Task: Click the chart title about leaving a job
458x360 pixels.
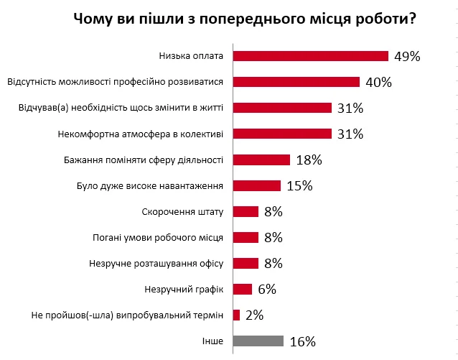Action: click(x=244, y=19)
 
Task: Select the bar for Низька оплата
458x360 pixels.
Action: click(x=310, y=56)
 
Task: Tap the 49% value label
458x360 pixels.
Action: click(x=406, y=56)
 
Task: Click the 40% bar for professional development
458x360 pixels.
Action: click(x=296, y=82)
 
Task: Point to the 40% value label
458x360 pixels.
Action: click(x=378, y=82)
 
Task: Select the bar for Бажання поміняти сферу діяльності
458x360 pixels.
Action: click(x=261, y=160)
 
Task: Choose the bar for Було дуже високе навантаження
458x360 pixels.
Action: click(x=256, y=185)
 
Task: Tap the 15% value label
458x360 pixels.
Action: click(x=299, y=185)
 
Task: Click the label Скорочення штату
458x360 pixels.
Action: click(x=184, y=211)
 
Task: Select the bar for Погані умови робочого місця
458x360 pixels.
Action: click(x=246, y=237)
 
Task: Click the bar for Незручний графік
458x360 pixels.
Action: click(x=243, y=289)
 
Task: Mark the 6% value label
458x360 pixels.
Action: click(x=267, y=289)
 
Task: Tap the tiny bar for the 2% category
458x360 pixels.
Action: click(x=236, y=315)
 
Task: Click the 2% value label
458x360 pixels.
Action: click(x=254, y=315)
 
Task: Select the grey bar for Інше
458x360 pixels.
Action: click(x=258, y=341)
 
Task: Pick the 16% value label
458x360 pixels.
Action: click(x=302, y=341)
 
